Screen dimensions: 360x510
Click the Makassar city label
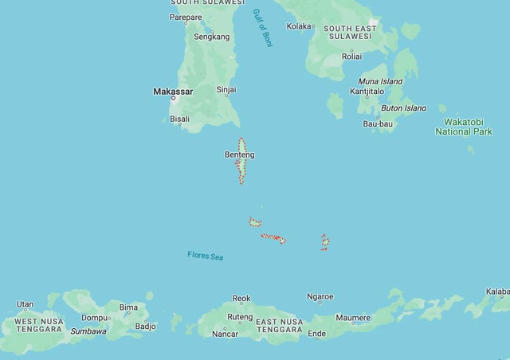(x=173, y=92)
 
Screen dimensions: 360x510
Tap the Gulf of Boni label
(x=263, y=29)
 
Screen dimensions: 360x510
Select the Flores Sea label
(x=206, y=256)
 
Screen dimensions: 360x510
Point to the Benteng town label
(x=240, y=155)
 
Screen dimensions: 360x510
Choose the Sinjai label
(x=226, y=90)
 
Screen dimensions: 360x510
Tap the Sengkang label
(x=212, y=37)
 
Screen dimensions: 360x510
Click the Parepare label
(x=186, y=17)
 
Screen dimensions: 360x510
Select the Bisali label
(x=180, y=119)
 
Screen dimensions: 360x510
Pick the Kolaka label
(x=300, y=26)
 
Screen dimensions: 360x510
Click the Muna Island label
(x=380, y=81)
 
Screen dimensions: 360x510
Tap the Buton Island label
(x=403, y=108)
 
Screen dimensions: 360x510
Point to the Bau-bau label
(x=379, y=123)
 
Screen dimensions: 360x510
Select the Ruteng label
(x=240, y=316)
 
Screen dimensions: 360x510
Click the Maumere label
(x=353, y=318)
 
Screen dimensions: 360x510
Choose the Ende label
(x=316, y=334)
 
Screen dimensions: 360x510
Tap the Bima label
(x=128, y=307)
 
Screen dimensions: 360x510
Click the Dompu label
(x=94, y=318)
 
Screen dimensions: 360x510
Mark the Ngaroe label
(x=320, y=297)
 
